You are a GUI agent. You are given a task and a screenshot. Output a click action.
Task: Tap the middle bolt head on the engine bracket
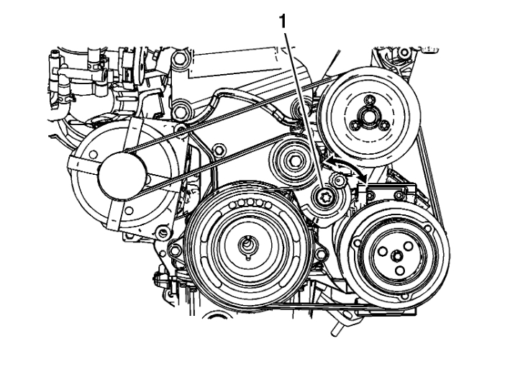click(x=180, y=110)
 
